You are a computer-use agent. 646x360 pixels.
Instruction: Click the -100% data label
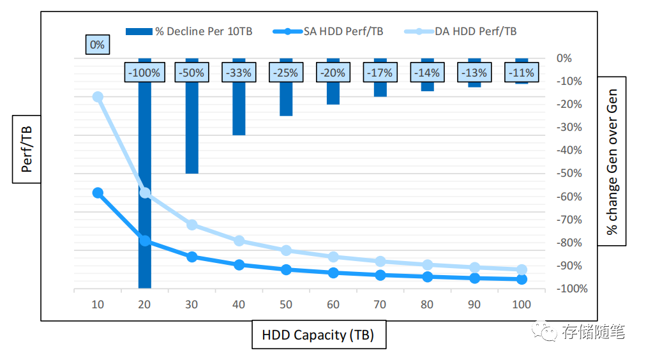tap(144, 73)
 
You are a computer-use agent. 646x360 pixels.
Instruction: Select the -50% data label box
tap(192, 73)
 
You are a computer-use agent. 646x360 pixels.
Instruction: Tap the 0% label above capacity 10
tap(97, 45)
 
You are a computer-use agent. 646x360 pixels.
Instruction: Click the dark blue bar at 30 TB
tap(192, 128)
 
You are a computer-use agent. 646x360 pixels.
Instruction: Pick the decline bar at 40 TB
tap(239, 109)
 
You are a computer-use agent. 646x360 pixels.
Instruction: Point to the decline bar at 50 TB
tap(286, 100)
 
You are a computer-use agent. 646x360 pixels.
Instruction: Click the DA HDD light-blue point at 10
tap(98, 96)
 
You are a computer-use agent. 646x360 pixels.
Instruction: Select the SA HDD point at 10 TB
tap(98, 193)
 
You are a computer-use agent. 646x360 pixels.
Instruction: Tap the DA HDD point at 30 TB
tap(192, 225)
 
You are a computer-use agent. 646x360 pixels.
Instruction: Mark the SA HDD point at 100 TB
tap(522, 279)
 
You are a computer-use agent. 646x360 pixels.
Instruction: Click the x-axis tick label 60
tap(333, 304)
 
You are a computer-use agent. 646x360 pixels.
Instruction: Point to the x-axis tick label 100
tap(522, 304)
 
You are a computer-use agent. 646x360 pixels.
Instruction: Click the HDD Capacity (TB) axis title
tap(318, 335)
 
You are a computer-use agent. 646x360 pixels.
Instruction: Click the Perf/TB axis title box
tap(27, 149)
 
